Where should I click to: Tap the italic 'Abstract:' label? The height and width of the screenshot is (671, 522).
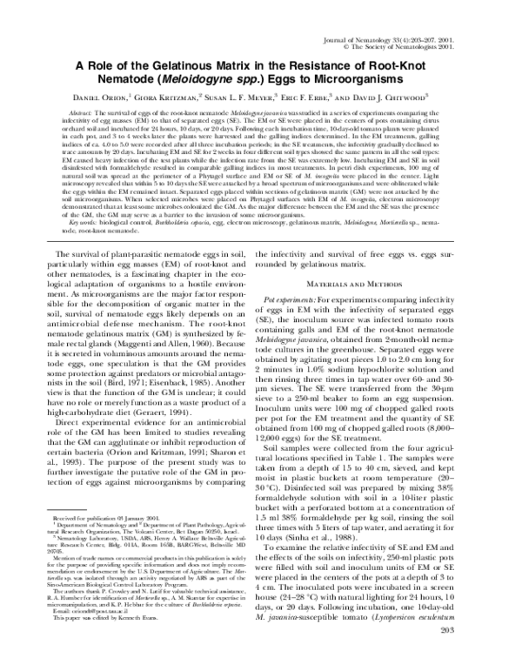coord(80,114)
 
